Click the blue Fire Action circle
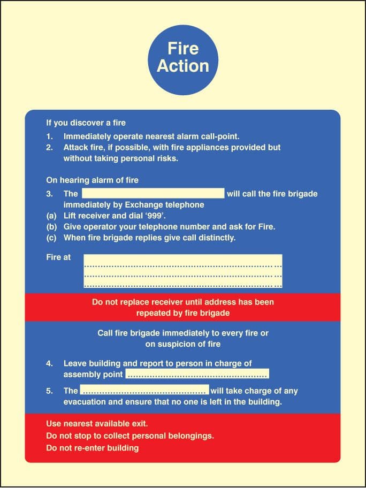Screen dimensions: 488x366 (183, 57)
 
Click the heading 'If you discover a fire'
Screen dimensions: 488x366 (86, 123)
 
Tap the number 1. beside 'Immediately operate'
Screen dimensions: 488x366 (49, 136)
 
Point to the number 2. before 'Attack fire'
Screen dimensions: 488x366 (49, 147)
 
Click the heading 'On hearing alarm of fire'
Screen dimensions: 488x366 (92, 180)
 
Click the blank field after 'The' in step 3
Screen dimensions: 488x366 (152, 193)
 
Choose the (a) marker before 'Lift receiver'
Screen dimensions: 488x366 (51, 216)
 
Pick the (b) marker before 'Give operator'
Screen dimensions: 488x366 (51, 227)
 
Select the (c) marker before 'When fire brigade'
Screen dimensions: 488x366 (51, 238)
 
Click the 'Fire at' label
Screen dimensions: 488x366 (58, 257)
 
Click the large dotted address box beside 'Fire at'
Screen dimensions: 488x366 (183, 271)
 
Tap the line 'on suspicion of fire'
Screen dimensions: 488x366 (183, 344)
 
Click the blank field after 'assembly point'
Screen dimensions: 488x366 (197, 374)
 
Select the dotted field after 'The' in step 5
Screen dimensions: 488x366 (144, 391)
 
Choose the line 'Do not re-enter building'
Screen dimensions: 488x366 (93, 448)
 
